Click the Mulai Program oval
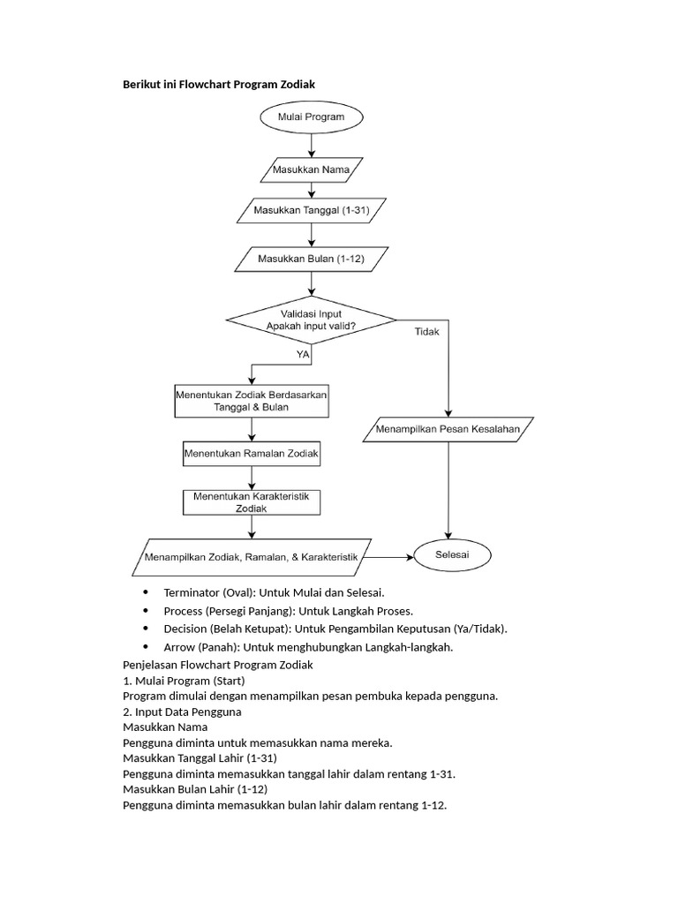[310, 117]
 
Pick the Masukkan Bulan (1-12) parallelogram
[310, 260]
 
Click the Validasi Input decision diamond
[311, 320]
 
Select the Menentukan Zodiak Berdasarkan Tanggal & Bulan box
[252, 402]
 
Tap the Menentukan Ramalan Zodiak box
[252, 455]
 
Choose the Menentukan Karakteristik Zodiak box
[252, 502]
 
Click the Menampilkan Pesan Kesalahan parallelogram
[448, 430]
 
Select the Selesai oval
[453, 556]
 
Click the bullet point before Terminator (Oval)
[145, 592]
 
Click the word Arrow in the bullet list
[179, 647]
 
